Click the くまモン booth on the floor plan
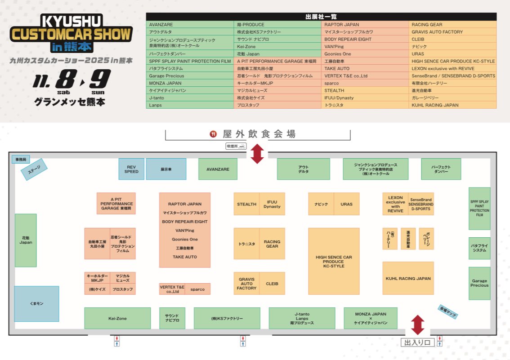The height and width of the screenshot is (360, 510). [x=36, y=304]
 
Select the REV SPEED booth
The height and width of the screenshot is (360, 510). [x=131, y=169]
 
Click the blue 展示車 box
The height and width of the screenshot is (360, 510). [x=166, y=169]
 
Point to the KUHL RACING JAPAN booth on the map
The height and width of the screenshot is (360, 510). [x=408, y=278]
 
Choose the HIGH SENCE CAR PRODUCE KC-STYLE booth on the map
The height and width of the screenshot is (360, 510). [x=334, y=261]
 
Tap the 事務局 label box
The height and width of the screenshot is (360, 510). [x=21, y=159]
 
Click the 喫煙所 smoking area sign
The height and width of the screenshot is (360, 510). [x=236, y=146]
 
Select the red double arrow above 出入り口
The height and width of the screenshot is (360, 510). [x=418, y=325]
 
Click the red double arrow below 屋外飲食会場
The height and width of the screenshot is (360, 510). [x=257, y=154]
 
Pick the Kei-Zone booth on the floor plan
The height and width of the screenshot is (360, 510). [x=117, y=318]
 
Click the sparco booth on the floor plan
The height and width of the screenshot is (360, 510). [x=197, y=289]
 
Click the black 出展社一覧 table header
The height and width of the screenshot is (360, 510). [x=321, y=17]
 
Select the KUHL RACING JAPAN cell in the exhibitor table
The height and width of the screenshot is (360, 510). [x=453, y=105]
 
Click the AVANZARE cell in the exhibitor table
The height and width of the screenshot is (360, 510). [x=191, y=25]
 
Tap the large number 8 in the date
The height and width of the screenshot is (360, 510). [x=67, y=80]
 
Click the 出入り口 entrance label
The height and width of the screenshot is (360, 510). [x=417, y=343]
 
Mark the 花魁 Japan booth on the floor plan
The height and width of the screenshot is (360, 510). [x=26, y=240]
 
